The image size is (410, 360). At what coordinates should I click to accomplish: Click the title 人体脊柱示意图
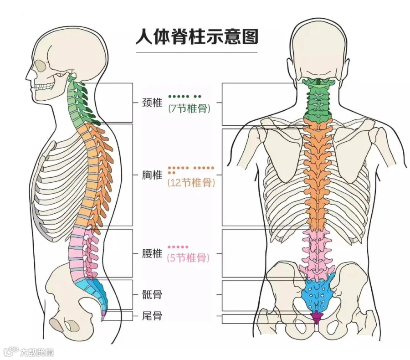[197, 36]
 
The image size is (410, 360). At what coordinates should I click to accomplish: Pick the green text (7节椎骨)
[189, 109]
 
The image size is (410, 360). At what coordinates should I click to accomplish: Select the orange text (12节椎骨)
[191, 183]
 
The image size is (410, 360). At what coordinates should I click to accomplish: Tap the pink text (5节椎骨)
[189, 258]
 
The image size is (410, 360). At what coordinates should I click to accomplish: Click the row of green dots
[184, 97]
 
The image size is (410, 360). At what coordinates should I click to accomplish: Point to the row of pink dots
[178, 247]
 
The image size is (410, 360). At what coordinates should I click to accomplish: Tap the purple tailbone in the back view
[316, 316]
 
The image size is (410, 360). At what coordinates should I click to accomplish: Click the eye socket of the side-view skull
[41, 67]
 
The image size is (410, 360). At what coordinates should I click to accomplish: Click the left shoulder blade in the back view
[278, 150]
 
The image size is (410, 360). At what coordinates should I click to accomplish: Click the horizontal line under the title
[197, 52]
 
